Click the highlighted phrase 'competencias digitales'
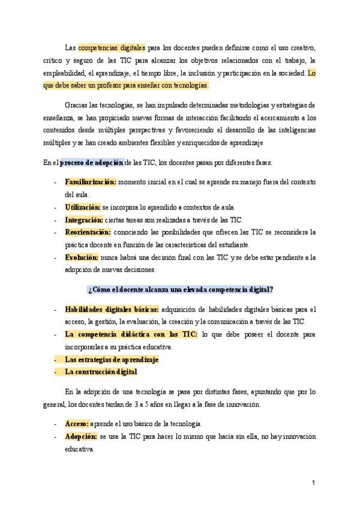pyautogui.click(x=112, y=47)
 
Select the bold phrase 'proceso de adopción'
pyautogui.click(x=92, y=163)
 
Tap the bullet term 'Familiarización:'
pyautogui.click(x=91, y=181)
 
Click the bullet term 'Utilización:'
pyautogui.click(x=82, y=206)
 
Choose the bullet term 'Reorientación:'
pyautogui.click(x=88, y=232)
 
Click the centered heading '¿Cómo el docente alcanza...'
pyautogui.click(x=181, y=289)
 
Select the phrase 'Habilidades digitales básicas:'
pyautogui.click(x=112, y=309)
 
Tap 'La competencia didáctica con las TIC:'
pyautogui.click(x=130, y=334)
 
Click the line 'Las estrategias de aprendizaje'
pyautogui.click(x=111, y=360)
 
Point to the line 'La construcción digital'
pyautogui.click(x=101, y=372)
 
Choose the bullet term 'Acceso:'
pyautogui.click(x=77, y=423)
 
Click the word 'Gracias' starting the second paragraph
pyautogui.click(x=76, y=104)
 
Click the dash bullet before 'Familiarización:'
pyautogui.click(x=55, y=182)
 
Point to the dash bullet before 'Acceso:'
pyautogui.click(x=55, y=424)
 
